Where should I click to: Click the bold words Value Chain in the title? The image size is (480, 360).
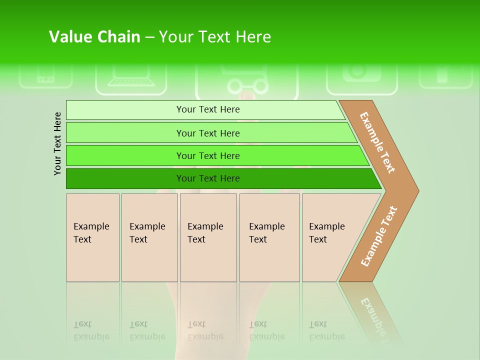[94, 37]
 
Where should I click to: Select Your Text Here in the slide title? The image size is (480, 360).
[215, 37]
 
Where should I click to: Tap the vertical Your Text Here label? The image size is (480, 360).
[57, 143]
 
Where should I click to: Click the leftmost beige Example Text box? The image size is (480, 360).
[92, 237]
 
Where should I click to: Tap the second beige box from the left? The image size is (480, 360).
[149, 237]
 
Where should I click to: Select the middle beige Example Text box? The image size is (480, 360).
[208, 237]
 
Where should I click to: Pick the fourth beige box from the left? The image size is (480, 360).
[269, 237]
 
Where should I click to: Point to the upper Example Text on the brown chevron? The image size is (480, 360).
[377, 142]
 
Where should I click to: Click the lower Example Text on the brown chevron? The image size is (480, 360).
[379, 236]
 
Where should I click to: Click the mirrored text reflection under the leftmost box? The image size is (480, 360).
[91, 330]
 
